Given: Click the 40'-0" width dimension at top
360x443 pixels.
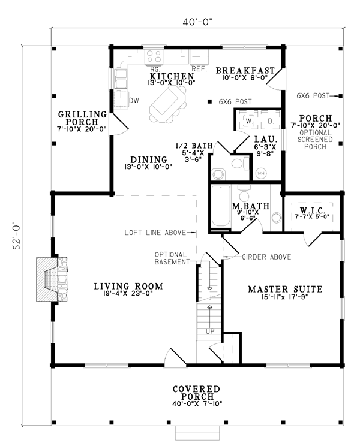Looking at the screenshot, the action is point(197,22).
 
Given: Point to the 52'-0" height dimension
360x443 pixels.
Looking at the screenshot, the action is point(17,237).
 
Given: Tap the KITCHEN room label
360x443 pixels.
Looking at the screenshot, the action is point(172,76).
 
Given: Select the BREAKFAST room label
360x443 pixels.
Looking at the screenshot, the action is point(245,70).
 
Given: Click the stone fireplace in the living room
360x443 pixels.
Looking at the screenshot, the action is point(52,279).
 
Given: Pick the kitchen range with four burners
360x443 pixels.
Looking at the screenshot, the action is point(154,56).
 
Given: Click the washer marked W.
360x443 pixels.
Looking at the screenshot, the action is point(248,121).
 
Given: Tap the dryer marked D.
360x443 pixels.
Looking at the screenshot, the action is point(271,121).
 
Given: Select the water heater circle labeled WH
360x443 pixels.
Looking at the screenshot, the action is point(261,173).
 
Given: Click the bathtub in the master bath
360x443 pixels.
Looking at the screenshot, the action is point(221,206).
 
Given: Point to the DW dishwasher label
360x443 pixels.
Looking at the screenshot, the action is point(134,101).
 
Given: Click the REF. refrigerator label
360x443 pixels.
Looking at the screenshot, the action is point(200,69).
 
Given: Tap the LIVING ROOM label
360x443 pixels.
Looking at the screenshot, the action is point(128,287).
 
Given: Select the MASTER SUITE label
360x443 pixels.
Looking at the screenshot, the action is point(286,290).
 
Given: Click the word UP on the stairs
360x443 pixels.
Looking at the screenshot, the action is point(210,331).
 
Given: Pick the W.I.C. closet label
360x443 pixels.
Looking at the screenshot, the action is point(312,211).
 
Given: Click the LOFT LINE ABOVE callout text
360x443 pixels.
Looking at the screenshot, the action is point(155,233).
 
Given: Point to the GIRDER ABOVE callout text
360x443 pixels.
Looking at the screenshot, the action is point(266,257).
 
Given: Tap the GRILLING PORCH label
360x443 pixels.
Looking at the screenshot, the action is point(82,118).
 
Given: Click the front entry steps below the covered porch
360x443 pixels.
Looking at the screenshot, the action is point(197,433).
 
